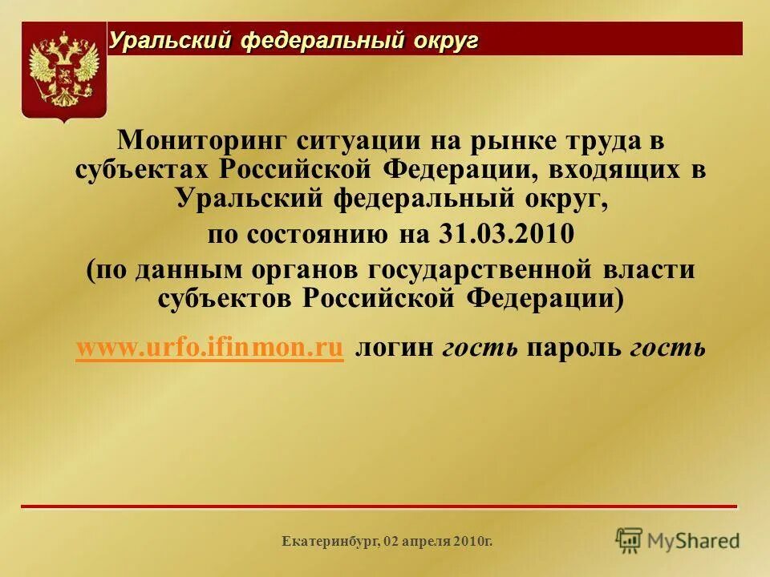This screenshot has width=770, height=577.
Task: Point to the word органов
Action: point(309,269)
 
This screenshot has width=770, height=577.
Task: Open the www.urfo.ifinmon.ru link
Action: point(209,348)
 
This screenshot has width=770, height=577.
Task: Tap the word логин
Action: point(395,348)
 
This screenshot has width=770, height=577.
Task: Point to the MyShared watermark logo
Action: point(678,539)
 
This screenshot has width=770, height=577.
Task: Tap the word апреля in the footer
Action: point(423,543)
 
